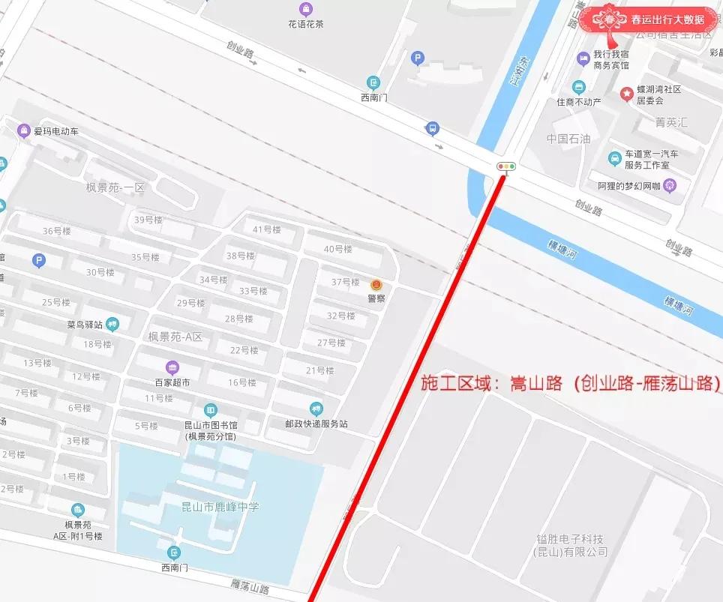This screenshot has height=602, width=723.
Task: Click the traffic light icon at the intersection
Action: tap(506, 166)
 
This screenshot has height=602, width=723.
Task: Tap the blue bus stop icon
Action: tap(432, 128)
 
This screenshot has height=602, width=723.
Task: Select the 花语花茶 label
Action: tap(306, 23)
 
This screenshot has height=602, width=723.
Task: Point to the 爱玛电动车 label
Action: tap(55, 132)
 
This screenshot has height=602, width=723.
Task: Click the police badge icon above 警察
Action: tap(376, 285)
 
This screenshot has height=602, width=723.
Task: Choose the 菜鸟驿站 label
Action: tap(85, 325)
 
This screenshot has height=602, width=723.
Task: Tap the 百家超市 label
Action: tap(172, 382)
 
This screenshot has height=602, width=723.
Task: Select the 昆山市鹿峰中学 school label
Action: tap(221, 507)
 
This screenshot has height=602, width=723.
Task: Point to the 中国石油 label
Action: tap(568, 139)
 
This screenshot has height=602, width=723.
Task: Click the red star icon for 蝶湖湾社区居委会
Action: tap(626, 93)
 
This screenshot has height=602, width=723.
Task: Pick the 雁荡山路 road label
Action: tap(250, 586)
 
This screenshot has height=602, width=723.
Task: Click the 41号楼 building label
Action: tap(266, 229)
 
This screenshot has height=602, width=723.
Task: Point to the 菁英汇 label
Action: tap(670, 121)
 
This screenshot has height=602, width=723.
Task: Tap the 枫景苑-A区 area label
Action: tap(175, 337)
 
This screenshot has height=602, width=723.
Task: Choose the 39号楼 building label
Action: tap(148, 220)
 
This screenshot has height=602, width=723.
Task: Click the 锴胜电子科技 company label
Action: tap(570, 539)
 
